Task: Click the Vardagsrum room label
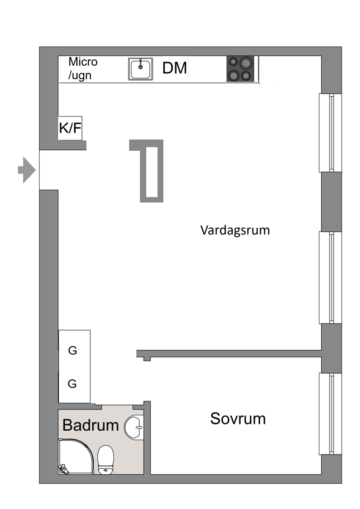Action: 235,230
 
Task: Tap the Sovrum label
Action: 238,419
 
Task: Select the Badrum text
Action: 90,425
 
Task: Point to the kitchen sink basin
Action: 140,69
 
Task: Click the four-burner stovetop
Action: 240,69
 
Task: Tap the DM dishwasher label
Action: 175,68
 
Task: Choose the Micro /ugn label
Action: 83,68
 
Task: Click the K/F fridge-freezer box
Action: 70,128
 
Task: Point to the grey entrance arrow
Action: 27,170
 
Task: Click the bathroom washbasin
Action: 134,427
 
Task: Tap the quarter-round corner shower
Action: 76,456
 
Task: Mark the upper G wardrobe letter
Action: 73,351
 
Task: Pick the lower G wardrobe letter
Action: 72,384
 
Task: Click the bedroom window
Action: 330,414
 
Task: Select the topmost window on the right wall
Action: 330,133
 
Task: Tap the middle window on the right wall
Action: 330,278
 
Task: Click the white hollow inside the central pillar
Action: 152,172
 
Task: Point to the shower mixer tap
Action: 63,469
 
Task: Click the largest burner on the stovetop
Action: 247,62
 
